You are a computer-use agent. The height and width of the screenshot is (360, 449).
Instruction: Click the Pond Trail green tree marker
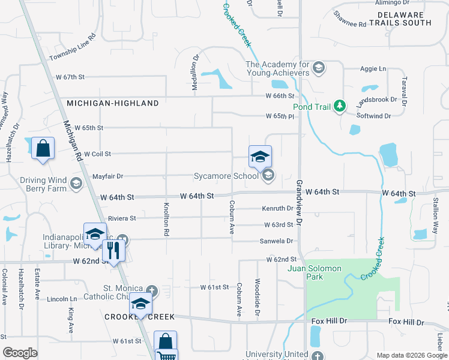pyautogui.click(x=340, y=106)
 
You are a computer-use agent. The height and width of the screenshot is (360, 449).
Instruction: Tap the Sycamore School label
pyautogui.click(x=226, y=176)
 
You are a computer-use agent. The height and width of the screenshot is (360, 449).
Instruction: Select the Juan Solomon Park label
pyautogui.click(x=315, y=272)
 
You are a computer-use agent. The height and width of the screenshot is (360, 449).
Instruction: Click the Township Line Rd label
pyautogui.click(x=73, y=48)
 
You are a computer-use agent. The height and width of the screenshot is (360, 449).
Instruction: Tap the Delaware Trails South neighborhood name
pyautogui.click(x=400, y=18)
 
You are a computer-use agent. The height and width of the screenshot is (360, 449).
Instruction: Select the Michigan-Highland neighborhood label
pyautogui.click(x=113, y=103)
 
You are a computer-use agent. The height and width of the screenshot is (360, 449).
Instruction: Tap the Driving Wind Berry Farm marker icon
pyautogui.click(x=76, y=183)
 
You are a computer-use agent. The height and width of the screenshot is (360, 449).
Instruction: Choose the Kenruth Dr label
pyautogui.click(x=277, y=209)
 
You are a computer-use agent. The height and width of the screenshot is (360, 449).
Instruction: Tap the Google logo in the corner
pyautogui.click(x=20, y=353)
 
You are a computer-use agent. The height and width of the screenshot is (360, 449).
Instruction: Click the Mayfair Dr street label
pyautogui.click(x=107, y=176)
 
